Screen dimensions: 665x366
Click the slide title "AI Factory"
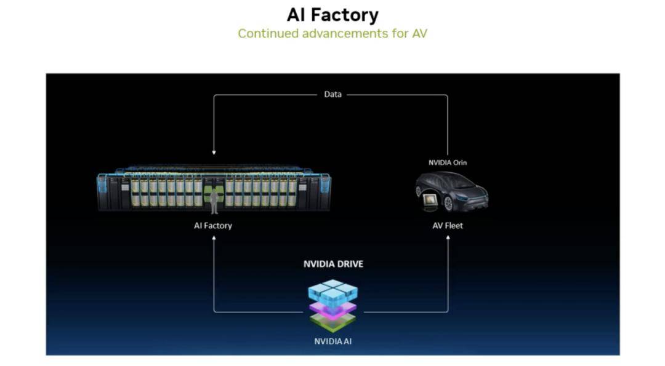pyautogui.click(x=332, y=15)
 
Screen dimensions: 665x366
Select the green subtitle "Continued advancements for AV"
pyautogui.click(x=332, y=33)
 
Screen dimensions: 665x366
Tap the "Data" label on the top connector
pyautogui.click(x=332, y=95)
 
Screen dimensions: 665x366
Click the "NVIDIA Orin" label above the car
pyautogui.click(x=448, y=162)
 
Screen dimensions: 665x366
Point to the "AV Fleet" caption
pyautogui.click(x=448, y=226)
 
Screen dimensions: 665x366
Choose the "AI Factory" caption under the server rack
pyautogui.click(x=213, y=226)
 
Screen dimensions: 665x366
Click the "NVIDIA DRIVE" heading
pyautogui.click(x=333, y=264)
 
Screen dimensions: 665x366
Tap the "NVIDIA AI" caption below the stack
pyautogui.click(x=333, y=341)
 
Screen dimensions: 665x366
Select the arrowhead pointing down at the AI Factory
pyautogui.click(x=214, y=153)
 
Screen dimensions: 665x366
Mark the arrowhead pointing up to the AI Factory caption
pyautogui.click(x=214, y=238)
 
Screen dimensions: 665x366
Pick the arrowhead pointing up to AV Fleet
pyautogui.click(x=448, y=238)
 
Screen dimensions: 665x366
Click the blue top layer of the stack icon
pyautogui.click(x=333, y=292)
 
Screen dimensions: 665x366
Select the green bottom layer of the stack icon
pyautogui.click(x=333, y=323)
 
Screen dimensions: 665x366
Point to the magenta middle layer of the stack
pyautogui.click(x=333, y=310)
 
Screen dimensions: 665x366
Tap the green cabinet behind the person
pyautogui.click(x=214, y=194)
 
